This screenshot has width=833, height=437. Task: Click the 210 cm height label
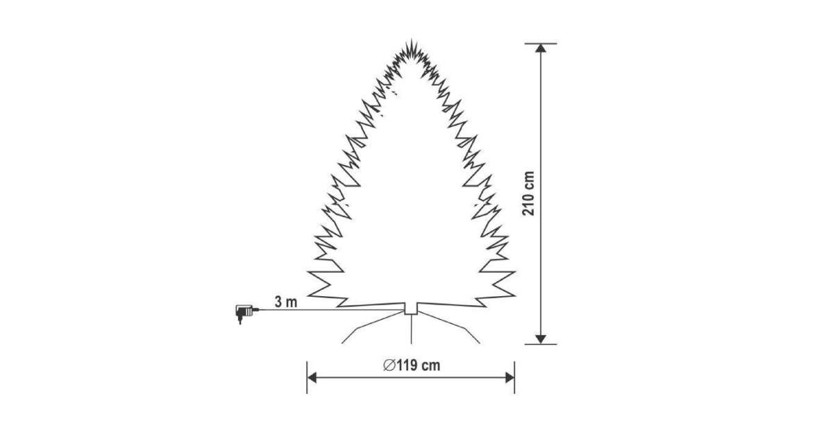click(528, 194)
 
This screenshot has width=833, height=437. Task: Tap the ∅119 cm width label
click(412, 366)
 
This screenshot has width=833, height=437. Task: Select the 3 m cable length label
click(286, 302)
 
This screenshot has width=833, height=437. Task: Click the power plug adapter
click(245, 314)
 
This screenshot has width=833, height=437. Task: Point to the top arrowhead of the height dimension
click(540, 48)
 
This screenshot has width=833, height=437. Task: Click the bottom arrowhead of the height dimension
click(540, 339)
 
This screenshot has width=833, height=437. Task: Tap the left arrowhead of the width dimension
click(312, 378)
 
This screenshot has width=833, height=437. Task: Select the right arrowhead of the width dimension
click(510, 378)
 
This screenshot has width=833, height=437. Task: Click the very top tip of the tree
click(411, 39)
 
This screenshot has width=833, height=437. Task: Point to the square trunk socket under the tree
click(411, 309)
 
